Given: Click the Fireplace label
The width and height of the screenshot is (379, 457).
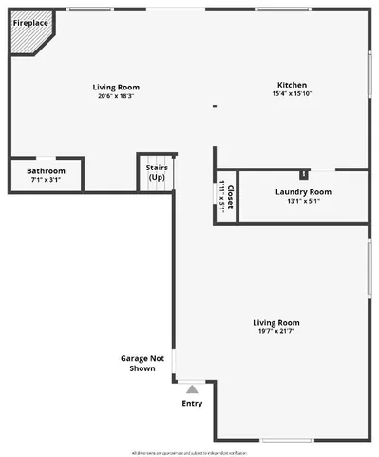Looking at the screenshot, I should pos(30,21).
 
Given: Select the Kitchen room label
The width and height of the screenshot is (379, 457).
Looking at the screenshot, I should pos(292,83).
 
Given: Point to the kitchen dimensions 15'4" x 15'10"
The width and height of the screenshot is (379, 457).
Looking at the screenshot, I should pos(292,93).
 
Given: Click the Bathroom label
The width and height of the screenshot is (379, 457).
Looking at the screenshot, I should pos(46,170).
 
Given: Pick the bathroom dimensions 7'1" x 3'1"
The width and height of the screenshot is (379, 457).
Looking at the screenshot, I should pos(46,180).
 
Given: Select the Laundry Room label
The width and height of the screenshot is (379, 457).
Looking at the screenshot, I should pos(303,192).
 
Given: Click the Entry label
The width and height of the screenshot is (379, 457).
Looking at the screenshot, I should pos(192,403).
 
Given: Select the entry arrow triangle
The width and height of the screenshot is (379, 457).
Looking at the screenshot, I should pos(192,388).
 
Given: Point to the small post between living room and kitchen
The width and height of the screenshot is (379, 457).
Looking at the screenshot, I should pos(215,106).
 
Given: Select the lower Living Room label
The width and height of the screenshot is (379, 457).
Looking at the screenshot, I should pos(275,323).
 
